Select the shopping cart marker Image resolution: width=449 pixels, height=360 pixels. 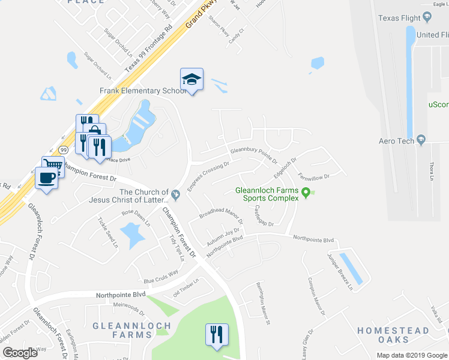click(53, 164)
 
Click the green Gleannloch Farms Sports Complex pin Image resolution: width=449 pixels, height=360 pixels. click(306, 193)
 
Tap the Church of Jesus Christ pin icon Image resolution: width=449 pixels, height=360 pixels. click(176, 194)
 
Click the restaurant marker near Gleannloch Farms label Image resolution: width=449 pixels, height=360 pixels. click(216, 334)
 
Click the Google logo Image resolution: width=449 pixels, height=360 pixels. click(20, 353)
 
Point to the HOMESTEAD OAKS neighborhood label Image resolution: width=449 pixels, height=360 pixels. click(393, 335)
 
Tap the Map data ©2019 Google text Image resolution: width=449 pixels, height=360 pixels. click(412, 355)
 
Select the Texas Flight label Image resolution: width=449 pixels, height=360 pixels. click(399, 18)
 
